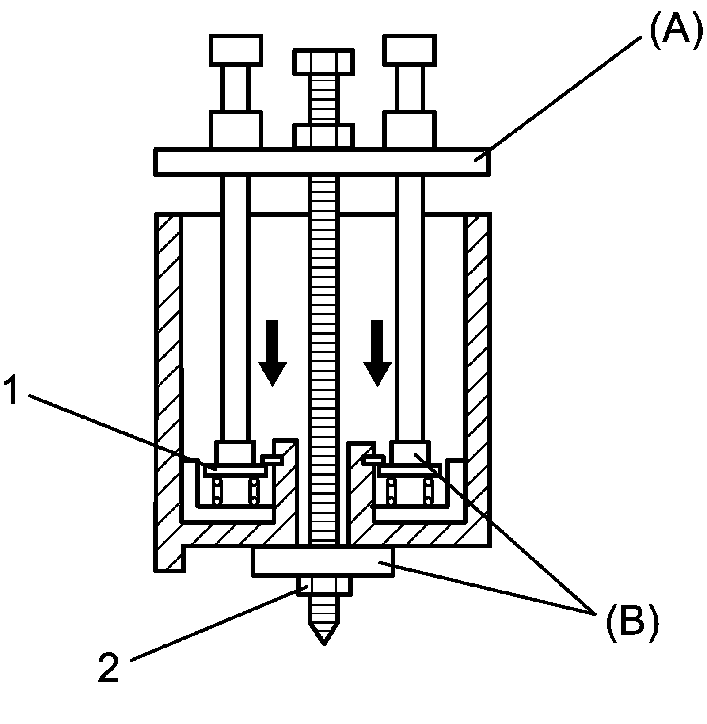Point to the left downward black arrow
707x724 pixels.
tap(272, 353)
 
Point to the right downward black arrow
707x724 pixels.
tap(377, 353)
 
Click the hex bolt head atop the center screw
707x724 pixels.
tap(323, 61)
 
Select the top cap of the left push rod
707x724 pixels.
tap(235, 50)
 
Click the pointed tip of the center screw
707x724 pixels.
tap(324, 644)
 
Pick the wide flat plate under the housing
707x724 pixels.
tap(323, 561)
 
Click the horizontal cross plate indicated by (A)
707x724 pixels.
tap(322, 162)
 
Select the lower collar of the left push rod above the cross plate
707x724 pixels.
tap(236, 130)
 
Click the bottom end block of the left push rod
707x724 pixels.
tap(235, 452)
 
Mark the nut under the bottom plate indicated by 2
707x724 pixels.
tap(324, 586)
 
